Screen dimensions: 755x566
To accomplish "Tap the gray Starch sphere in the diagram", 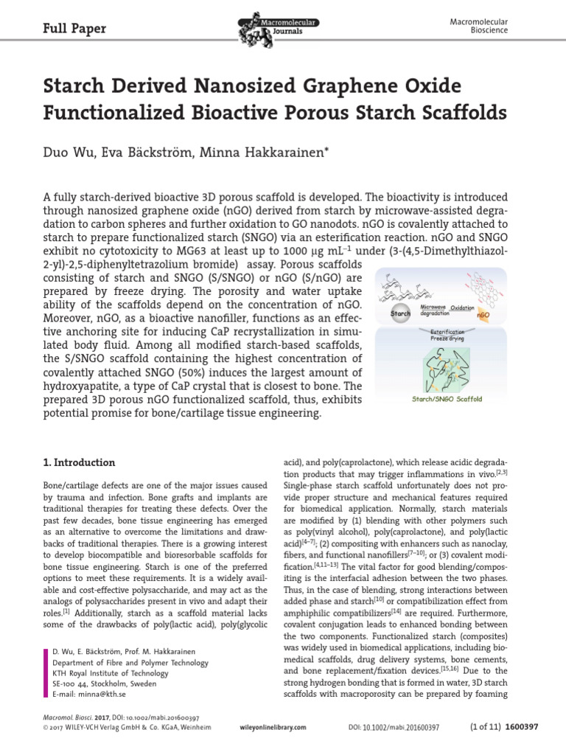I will pyautogui.click(x=401, y=313).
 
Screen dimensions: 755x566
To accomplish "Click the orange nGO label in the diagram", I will pyautogui.click(x=483, y=315).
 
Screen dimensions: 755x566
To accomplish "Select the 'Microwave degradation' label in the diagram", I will pyautogui.click(x=438, y=308).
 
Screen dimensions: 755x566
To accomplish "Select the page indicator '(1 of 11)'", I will pyautogui.click(x=486, y=726).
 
